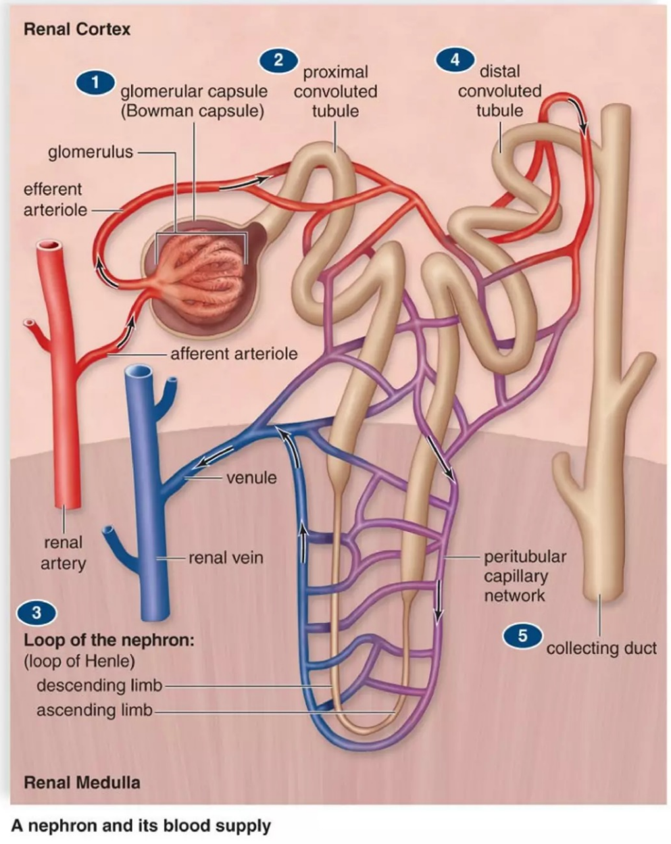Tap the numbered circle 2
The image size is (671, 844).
(278, 60)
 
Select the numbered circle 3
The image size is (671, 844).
(36, 613)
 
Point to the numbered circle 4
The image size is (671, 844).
(454, 59)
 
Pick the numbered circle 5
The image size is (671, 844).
(522, 636)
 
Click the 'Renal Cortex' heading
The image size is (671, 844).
(77, 29)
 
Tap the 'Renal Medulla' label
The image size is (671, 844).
(82, 783)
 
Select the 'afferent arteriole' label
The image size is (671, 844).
(234, 353)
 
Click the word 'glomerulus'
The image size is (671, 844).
(91, 152)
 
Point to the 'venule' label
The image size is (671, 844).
(251, 478)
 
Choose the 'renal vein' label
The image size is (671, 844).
(226, 558)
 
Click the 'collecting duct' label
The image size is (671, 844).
(601, 648)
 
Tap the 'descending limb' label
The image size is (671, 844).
(99, 685)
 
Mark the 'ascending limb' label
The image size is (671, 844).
(94, 710)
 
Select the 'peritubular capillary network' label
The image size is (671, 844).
(524, 576)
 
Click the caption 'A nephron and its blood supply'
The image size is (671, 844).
(141, 826)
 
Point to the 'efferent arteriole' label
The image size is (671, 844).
(55, 199)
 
